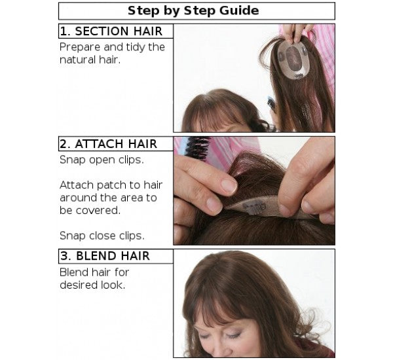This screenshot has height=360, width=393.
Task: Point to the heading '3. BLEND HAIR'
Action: tap(105, 256)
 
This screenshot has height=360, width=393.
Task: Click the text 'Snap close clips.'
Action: tap(102, 234)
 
